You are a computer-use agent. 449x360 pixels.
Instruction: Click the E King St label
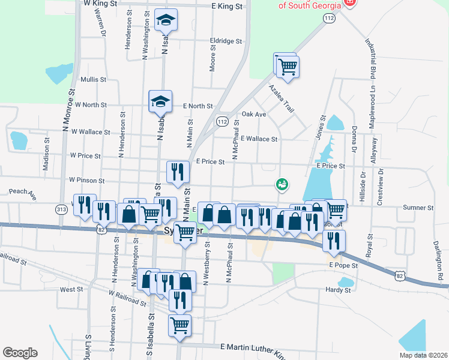tap(227, 6)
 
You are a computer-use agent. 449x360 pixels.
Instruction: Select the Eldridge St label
tap(226, 42)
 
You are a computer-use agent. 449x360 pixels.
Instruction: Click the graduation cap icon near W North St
tap(161, 101)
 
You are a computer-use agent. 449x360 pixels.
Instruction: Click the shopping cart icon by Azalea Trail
tap(288, 67)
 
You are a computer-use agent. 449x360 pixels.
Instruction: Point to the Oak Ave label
tap(253, 114)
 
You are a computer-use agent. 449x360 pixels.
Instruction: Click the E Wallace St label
tap(259, 139)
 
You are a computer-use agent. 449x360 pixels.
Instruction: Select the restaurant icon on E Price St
tap(178, 173)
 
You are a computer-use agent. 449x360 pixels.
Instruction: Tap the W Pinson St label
tap(87, 180)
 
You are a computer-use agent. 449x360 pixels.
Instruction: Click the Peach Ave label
tap(23, 194)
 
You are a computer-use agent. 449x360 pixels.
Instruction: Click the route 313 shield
tap(61, 209)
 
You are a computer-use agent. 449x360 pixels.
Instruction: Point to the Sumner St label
tap(418, 208)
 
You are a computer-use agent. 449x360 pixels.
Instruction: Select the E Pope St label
tap(343, 265)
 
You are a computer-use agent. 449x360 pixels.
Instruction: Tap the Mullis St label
tap(93, 79)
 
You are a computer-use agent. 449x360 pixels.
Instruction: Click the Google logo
tap(20, 353)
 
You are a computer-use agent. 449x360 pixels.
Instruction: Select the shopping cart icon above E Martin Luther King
tap(179, 326)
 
